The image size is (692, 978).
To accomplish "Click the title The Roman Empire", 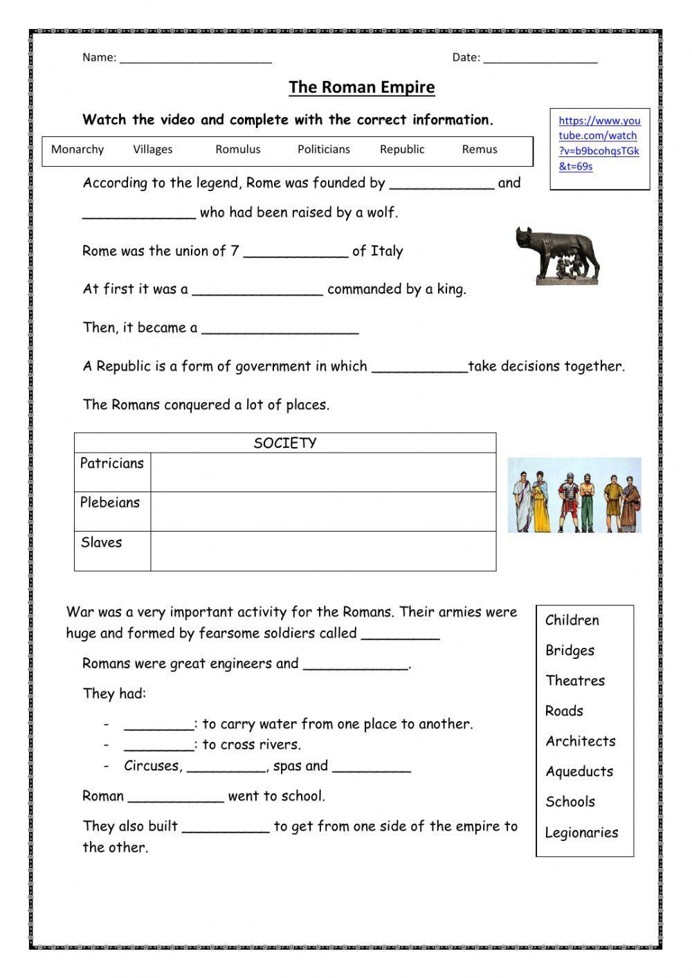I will click(361, 87).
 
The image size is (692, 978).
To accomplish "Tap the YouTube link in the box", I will click(599, 143).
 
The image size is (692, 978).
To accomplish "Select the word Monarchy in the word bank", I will click(78, 150).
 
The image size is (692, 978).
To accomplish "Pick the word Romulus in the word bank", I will click(237, 150).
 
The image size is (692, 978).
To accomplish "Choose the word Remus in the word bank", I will click(479, 150).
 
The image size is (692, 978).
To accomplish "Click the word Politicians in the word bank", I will click(323, 150).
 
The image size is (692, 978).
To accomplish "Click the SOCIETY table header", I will click(284, 443).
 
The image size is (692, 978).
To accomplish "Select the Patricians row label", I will click(112, 464).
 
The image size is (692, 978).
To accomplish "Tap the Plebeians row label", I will click(110, 503).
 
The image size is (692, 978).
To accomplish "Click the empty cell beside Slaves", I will click(323, 551).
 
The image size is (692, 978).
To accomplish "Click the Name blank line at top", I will click(195, 58).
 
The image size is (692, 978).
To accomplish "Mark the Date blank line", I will click(540, 58).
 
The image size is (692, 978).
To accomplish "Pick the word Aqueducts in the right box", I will click(579, 772).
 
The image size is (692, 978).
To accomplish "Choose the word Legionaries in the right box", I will click(581, 833).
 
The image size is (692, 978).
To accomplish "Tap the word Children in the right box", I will click(572, 620).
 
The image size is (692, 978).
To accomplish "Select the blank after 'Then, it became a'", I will click(280, 329).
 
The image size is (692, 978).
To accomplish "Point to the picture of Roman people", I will click(574, 495).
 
